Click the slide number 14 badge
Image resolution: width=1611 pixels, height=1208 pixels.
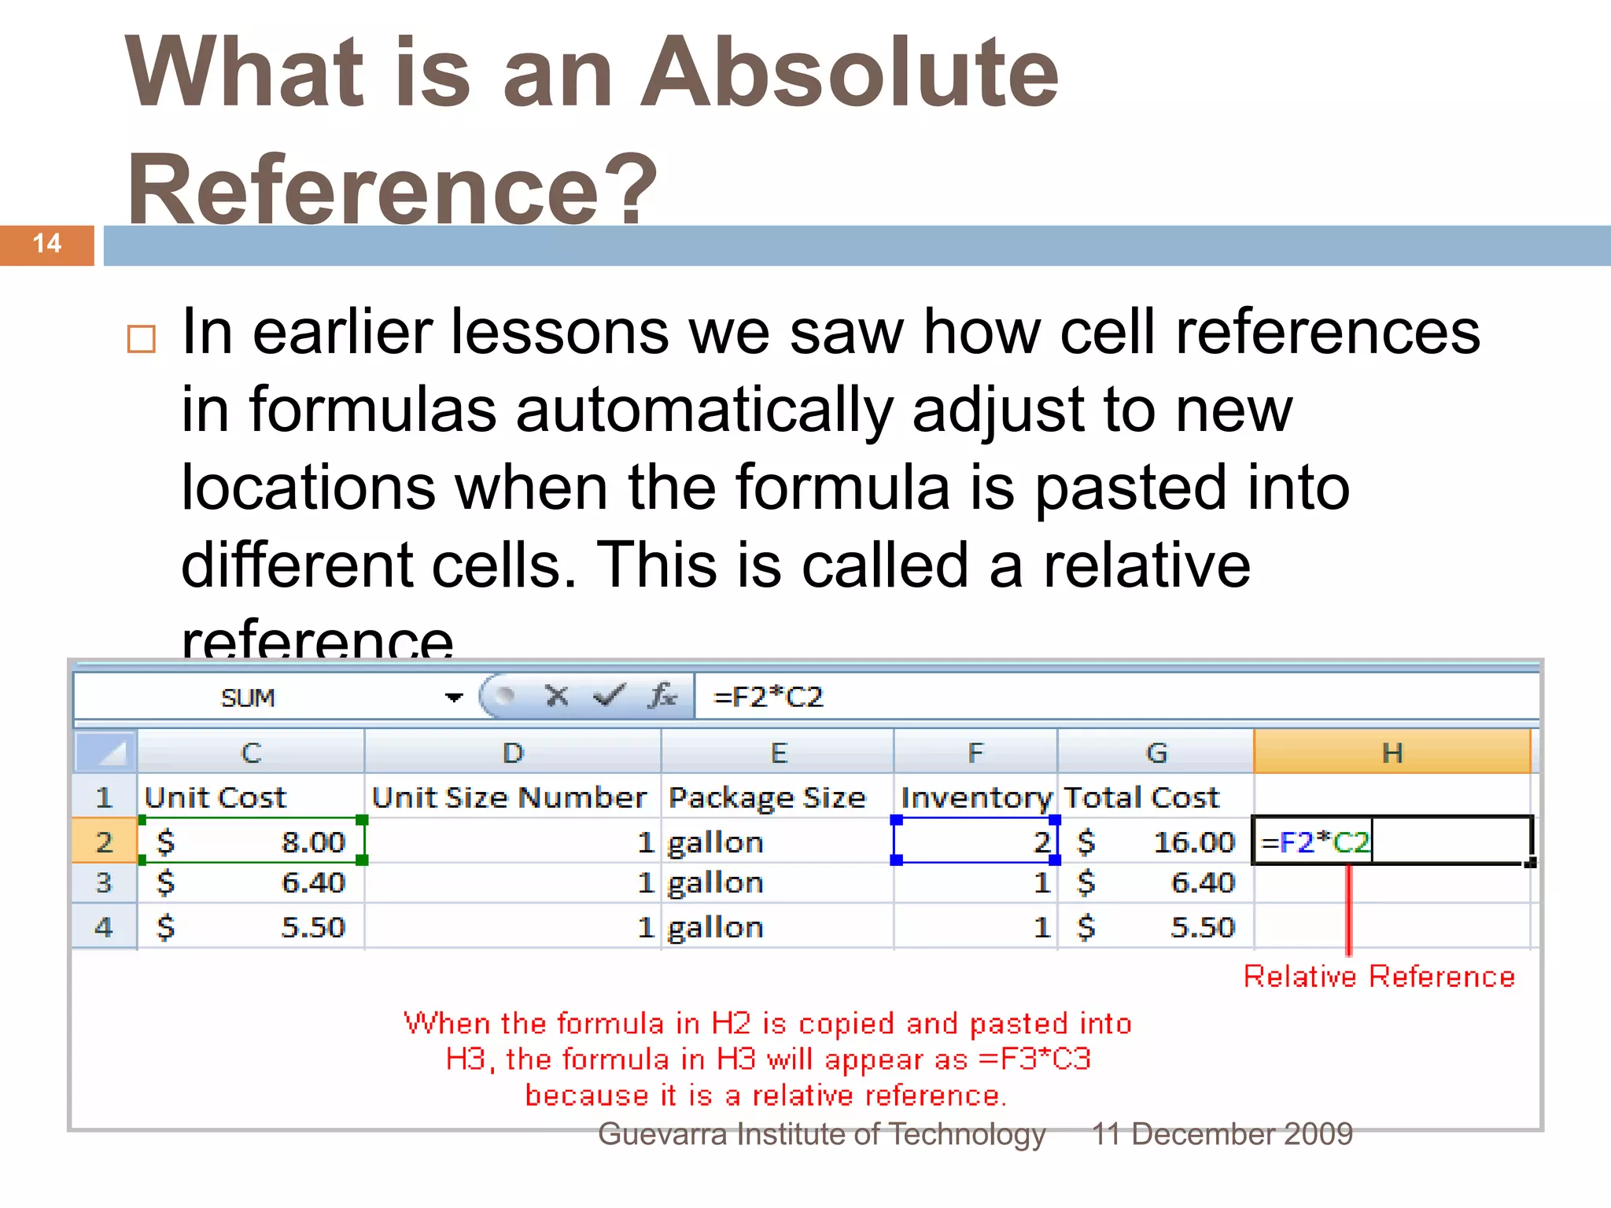point(47,244)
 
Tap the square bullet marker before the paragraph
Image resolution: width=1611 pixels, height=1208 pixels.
point(142,339)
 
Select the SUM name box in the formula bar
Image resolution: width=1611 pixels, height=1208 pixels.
point(249,698)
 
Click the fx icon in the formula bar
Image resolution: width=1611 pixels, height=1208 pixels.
point(662,696)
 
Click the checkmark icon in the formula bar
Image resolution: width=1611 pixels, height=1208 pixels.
point(609,695)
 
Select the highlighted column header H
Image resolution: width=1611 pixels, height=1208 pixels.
point(1392,753)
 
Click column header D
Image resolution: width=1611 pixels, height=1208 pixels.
point(513,753)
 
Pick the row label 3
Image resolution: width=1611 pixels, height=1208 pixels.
point(104,883)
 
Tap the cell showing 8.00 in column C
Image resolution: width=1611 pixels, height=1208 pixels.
point(252,842)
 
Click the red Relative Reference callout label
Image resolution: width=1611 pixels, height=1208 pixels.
point(1379,977)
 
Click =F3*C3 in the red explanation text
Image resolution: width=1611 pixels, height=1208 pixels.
point(1035,1059)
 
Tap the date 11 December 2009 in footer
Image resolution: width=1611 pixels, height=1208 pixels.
point(1222,1134)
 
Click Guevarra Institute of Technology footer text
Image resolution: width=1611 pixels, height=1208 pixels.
point(821,1134)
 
